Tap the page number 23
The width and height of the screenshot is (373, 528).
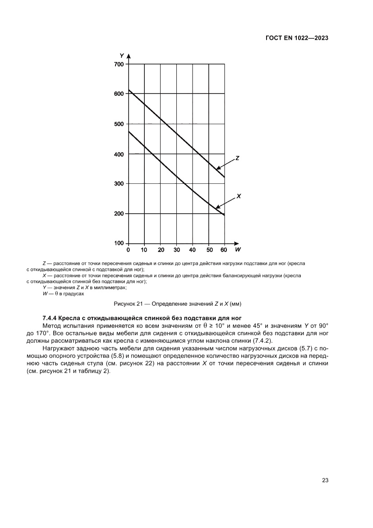pos(325,480)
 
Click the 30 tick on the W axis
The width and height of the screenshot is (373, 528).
pos(176,250)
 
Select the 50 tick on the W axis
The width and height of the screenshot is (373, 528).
pos(209,250)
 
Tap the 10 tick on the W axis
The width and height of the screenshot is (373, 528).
pos(144,250)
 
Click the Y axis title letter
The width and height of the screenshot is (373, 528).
pos(122,55)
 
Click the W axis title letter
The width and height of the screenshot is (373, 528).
pos(238,250)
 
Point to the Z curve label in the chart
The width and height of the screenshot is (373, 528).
pos(237,159)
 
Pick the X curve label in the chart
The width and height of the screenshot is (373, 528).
pos(239,196)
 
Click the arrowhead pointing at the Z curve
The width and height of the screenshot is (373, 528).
pos(218,169)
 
